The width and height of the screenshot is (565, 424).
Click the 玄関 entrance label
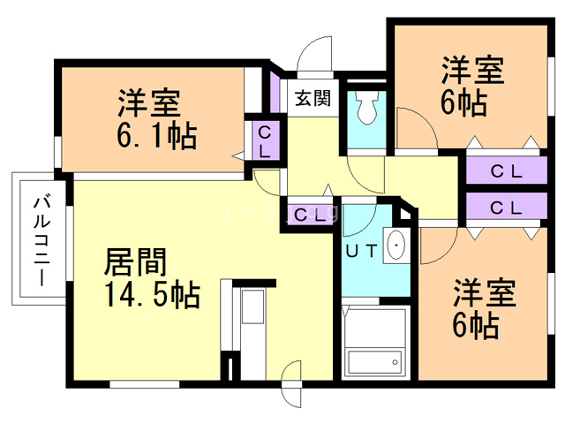tap(313, 98)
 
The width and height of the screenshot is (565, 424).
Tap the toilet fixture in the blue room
tap(366, 110)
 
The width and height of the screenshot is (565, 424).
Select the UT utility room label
tap(362, 251)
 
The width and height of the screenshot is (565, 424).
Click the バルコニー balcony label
tap(40, 238)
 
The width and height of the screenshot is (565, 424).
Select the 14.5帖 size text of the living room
tap(151, 294)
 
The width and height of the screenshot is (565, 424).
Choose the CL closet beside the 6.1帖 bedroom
tap(264, 141)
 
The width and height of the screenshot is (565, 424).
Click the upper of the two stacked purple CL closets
tap(505, 171)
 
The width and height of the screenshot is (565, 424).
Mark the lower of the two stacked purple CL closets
tap(505, 208)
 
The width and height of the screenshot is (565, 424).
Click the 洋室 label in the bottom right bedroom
tap(485, 293)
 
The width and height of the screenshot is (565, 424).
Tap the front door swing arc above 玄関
tap(313, 58)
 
